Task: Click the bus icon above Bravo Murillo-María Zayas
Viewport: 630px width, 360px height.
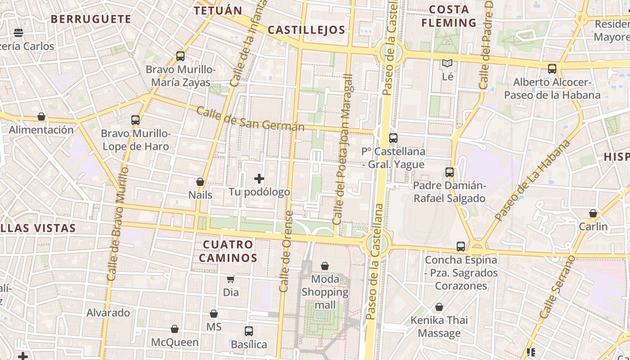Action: (x=180, y=56)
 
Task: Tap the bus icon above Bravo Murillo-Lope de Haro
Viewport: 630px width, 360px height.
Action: (x=135, y=120)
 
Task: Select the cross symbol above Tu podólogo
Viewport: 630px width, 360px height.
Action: (x=259, y=179)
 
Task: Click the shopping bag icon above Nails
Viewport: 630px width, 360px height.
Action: (x=200, y=182)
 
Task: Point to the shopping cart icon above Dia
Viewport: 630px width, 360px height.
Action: (x=231, y=279)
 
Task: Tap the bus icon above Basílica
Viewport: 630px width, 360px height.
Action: (x=249, y=331)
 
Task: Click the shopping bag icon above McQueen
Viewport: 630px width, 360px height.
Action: (x=175, y=329)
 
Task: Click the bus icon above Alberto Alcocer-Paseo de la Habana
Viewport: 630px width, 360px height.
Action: (x=552, y=69)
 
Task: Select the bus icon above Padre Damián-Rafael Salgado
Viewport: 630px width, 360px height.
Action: (x=450, y=172)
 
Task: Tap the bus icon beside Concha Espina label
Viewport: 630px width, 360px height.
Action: (x=461, y=247)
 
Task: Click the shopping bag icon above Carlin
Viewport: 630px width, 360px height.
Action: (x=593, y=213)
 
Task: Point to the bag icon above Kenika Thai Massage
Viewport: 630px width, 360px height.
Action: (x=439, y=307)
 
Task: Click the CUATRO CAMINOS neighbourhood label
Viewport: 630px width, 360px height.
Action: (x=228, y=251)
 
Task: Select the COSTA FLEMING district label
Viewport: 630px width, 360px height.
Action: (x=449, y=16)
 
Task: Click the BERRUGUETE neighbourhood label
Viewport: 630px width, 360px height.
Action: (x=91, y=19)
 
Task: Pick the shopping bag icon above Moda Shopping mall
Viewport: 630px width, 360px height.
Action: (x=325, y=266)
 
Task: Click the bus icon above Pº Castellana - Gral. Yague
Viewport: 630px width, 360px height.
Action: (x=393, y=138)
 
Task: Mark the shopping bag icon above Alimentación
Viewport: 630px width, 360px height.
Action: (x=41, y=117)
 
